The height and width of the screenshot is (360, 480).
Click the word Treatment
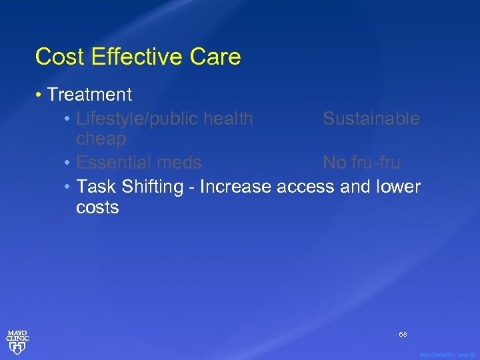tap(89, 95)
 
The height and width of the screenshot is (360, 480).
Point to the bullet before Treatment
tap(40, 95)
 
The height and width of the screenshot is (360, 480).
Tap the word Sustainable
tap(371, 119)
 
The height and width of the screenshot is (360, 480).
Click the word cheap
tap(101, 139)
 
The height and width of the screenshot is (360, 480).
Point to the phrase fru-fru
tap(377, 162)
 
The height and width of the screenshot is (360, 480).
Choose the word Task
tap(96, 186)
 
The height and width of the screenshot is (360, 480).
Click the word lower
tap(398, 186)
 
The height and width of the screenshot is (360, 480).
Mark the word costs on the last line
tap(97, 207)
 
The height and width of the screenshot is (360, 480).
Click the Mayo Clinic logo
tap(17, 340)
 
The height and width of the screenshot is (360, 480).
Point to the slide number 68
tap(403, 333)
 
